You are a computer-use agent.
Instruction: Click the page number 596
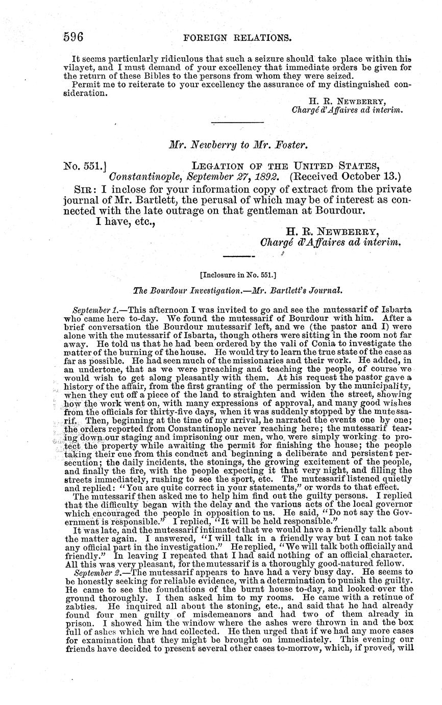(73, 37)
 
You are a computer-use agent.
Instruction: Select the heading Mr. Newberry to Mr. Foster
(238, 145)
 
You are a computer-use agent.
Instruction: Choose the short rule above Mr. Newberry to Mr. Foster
(237, 122)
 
